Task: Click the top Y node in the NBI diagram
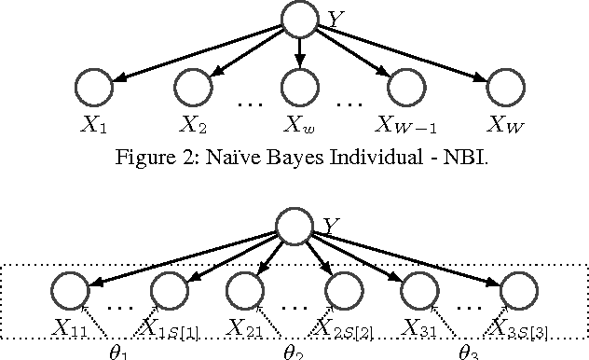click(300, 20)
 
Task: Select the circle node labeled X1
click(93, 89)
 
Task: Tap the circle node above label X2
click(193, 89)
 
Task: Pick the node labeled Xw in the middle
click(300, 89)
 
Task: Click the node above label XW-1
click(406, 89)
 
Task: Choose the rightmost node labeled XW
click(509, 89)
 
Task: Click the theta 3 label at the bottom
click(468, 352)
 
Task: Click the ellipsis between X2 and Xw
click(250, 104)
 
